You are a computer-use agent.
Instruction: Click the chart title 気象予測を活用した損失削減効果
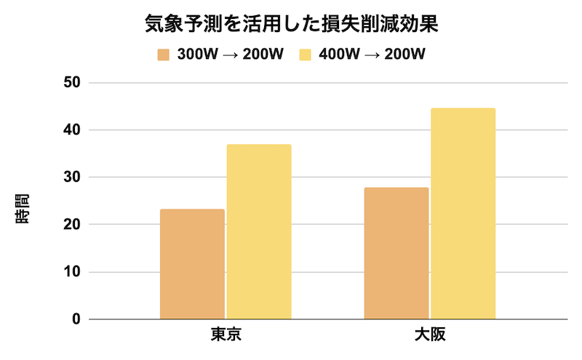[x=290, y=25]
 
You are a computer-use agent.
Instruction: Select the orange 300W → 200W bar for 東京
[x=192, y=264]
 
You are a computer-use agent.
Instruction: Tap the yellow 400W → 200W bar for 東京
[x=259, y=232]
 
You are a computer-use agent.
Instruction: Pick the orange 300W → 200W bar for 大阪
[x=396, y=253]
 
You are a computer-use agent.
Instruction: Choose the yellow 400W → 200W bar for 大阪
[x=463, y=214]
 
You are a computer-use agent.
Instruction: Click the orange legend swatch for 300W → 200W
[x=164, y=55]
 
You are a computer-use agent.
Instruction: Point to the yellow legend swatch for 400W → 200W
[x=306, y=55]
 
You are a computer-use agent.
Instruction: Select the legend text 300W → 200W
[x=230, y=55]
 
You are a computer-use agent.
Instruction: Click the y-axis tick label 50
[x=72, y=83]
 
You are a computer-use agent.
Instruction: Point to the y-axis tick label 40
[x=72, y=130]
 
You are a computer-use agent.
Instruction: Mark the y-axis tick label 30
[x=72, y=177]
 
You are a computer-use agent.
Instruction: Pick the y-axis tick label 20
[x=72, y=225]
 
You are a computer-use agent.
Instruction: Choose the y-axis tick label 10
[x=72, y=272]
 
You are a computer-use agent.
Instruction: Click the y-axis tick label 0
[x=76, y=319]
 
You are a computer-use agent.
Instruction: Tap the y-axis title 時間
[x=23, y=209]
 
